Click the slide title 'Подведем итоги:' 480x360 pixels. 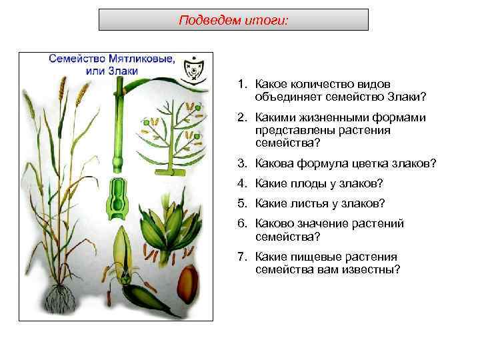tap(233, 20)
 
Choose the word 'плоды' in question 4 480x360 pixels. tap(304, 183)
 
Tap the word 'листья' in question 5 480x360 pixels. tap(305, 203)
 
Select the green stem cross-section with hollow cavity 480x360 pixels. tap(119, 200)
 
